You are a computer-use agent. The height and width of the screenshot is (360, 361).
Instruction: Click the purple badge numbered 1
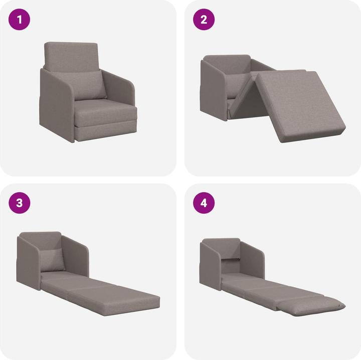click(20, 20)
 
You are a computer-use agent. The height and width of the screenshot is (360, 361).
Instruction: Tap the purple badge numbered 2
click(204, 20)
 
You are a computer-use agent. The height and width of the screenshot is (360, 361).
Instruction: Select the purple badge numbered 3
click(20, 203)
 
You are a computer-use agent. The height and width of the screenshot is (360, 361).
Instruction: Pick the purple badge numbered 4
click(204, 203)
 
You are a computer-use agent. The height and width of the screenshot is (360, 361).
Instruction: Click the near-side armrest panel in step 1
click(56, 105)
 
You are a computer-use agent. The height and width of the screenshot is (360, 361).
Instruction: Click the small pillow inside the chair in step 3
click(53, 260)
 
